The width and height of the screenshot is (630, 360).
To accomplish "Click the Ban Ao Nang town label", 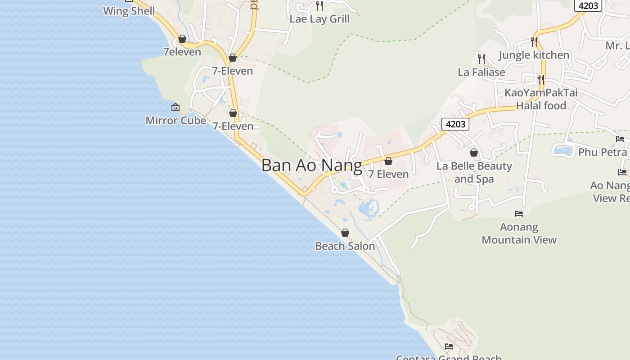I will (x=311, y=165).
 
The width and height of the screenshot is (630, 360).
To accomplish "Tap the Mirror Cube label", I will (x=175, y=121).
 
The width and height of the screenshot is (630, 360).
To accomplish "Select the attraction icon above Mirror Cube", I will (x=175, y=107).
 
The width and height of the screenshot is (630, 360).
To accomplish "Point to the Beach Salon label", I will (x=345, y=246).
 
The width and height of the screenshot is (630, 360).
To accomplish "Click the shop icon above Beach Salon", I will (x=345, y=233).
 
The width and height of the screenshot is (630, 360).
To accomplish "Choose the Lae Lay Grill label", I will (x=319, y=19).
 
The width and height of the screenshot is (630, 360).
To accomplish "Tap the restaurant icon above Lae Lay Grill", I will (x=319, y=6).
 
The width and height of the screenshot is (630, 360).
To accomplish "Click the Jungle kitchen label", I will (x=534, y=55).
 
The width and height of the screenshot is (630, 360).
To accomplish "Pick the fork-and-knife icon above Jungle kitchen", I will (x=534, y=42).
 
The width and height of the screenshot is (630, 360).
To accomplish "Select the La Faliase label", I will (x=481, y=72).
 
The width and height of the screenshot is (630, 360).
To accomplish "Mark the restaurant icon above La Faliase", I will (x=481, y=58).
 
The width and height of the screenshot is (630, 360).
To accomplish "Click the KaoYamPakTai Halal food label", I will (x=541, y=99).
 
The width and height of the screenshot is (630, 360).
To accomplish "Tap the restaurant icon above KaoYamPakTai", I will (x=541, y=80).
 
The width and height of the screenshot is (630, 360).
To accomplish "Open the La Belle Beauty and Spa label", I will (x=474, y=172).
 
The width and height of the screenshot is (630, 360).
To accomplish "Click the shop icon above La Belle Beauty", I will (x=474, y=153).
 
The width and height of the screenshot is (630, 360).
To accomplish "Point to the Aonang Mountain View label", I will (x=519, y=233).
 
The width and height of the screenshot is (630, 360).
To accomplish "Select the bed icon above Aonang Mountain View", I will (x=519, y=214).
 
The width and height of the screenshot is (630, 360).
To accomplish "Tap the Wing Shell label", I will (x=129, y=11).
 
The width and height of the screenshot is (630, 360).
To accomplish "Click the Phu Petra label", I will (x=602, y=152).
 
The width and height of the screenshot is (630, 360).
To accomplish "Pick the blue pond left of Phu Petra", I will (x=563, y=150).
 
